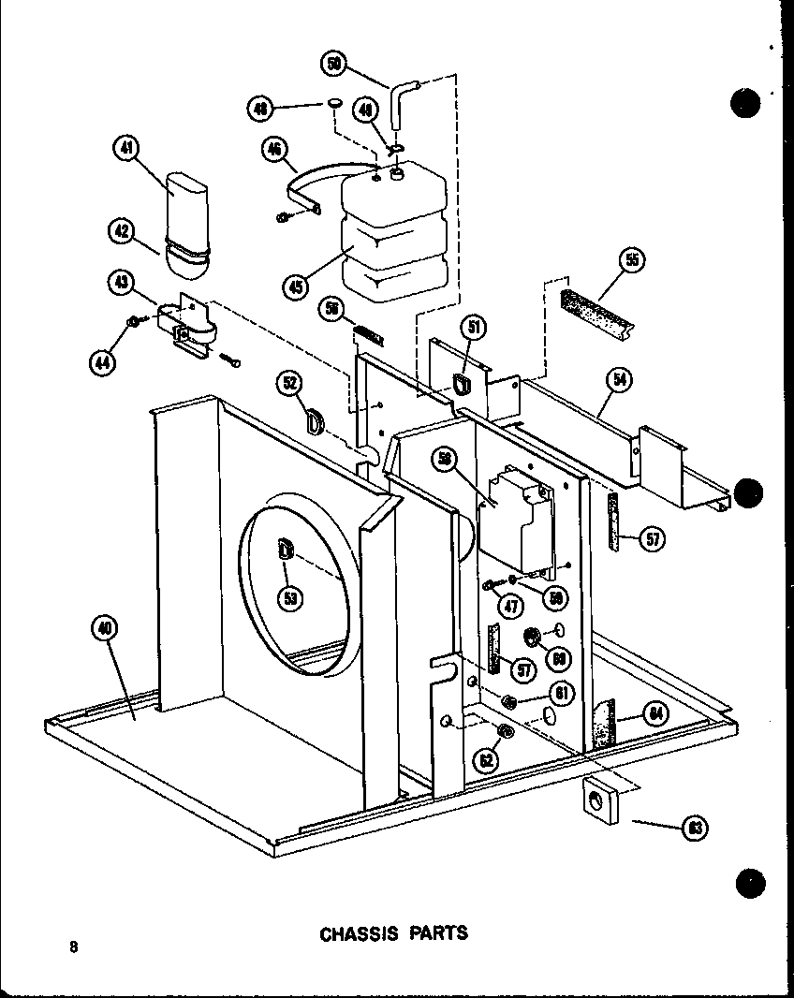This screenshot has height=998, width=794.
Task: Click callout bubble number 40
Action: coord(105,631)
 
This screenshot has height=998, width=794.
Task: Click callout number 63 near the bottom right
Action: coord(695,827)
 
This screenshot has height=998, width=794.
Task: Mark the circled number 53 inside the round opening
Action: coord(292,599)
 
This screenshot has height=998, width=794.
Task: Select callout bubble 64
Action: coord(654,714)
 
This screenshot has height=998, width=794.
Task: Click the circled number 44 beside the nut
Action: coord(104,360)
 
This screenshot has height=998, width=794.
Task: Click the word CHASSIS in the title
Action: coord(360,933)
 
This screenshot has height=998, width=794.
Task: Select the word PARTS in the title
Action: coord(437,933)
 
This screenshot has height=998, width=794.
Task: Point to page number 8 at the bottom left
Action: coord(72,946)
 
